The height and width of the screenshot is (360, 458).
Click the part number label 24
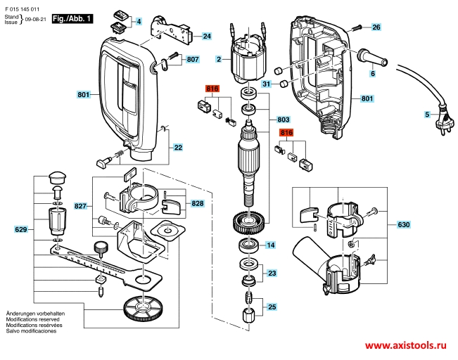point(206,36)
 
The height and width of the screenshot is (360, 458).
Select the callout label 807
point(193,60)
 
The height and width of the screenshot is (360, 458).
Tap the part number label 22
point(178,148)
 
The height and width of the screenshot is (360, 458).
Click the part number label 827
point(81,207)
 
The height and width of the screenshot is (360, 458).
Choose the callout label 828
point(199,203)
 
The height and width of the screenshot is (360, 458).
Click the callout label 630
point(403,225)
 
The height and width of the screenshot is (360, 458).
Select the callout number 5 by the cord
point(426,114)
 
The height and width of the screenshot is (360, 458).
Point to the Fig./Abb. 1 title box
point(73,20)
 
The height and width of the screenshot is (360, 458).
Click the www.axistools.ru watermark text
point(404,346)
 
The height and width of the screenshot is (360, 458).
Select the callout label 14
point(270,245)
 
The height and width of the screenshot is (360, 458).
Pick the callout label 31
point(266,84)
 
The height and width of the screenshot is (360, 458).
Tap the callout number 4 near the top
point(139,22)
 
